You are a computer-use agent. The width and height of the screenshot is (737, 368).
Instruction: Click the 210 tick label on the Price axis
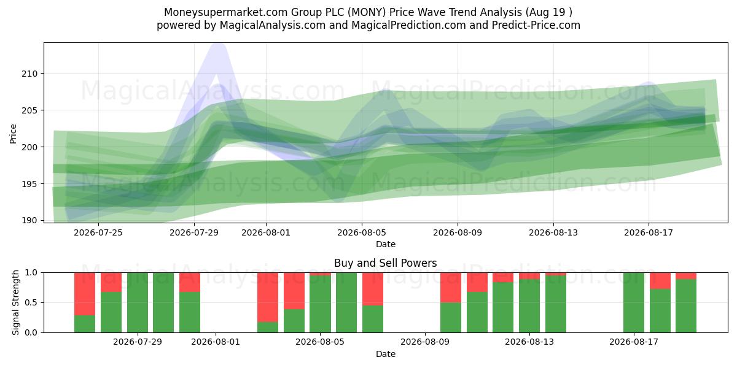[29, 74]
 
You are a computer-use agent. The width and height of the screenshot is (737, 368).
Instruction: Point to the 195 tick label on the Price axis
[29, 184]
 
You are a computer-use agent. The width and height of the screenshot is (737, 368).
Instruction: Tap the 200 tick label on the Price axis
[29, 147]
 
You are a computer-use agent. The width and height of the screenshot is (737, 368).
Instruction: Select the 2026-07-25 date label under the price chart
[98, 232]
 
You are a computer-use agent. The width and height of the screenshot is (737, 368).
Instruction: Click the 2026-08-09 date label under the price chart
[458, 232]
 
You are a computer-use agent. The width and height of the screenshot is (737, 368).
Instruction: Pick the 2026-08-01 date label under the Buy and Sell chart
[216, 342]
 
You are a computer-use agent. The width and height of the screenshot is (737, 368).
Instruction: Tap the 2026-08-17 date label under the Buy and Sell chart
[634, 342]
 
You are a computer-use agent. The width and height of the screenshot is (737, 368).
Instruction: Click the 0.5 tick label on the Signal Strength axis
[31, 302]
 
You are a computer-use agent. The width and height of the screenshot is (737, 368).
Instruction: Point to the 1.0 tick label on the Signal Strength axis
[31, 273]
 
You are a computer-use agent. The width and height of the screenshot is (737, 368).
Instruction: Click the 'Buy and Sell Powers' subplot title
[385, 263]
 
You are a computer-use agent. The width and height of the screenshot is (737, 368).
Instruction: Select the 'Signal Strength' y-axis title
[15, 302]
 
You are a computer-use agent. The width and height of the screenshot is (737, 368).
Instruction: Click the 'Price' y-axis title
[13, 134]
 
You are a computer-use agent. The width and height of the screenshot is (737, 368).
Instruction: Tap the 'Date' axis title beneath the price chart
[386, 244]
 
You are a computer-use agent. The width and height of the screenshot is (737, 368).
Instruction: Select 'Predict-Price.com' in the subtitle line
[536, 25]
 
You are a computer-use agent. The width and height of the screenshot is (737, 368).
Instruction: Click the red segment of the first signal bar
[85, 294]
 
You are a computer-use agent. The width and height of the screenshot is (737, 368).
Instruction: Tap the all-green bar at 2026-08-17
[634, 302]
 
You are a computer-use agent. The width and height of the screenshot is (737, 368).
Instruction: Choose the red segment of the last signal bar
[686, 276]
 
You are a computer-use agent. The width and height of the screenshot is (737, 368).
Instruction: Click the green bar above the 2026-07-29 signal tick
[138, 302]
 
